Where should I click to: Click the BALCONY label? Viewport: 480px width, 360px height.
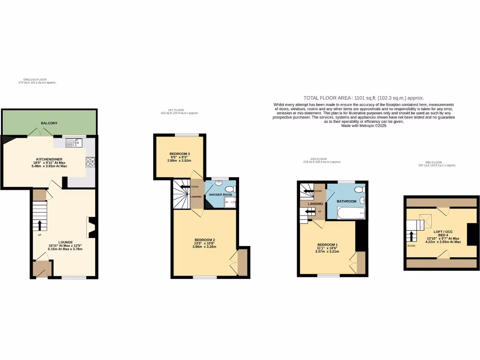click(49, 123)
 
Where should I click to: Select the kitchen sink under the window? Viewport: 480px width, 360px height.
click(74, 142)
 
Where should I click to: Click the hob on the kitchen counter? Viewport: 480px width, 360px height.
click(90, 162)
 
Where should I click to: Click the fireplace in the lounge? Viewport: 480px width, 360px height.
click(90, 227)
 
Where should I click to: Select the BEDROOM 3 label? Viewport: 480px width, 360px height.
click(180, 154)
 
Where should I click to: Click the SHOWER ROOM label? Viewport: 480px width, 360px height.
click(220, 195)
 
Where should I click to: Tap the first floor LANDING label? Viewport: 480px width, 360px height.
click(196, 196)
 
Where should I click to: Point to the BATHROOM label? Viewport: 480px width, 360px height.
click(346, 201)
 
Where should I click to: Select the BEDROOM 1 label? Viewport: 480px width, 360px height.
click(327, 245)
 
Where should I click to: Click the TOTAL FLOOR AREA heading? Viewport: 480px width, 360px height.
click(364, 97)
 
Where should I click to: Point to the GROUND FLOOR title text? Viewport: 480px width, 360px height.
click(35, 80)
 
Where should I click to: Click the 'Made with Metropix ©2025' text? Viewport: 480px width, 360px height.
click(364, 126)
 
